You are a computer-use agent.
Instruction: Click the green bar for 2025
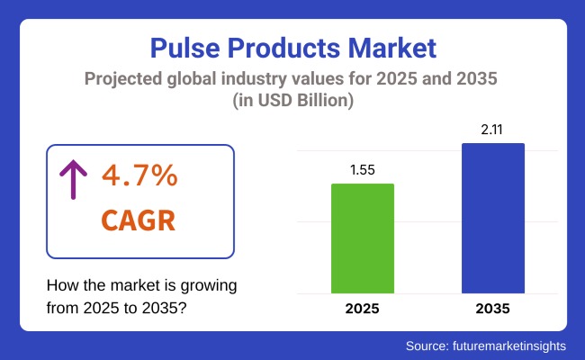click(x=363, y=238)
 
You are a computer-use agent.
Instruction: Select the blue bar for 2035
click(x=493, y=218)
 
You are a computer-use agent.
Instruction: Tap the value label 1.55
click(x=363, y=169)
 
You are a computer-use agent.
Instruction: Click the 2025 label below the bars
click(x=363, y=309)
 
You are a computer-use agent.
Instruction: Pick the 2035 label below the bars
click(x=493, y=309)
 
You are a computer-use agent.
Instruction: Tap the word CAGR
click(x=139, y=220)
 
